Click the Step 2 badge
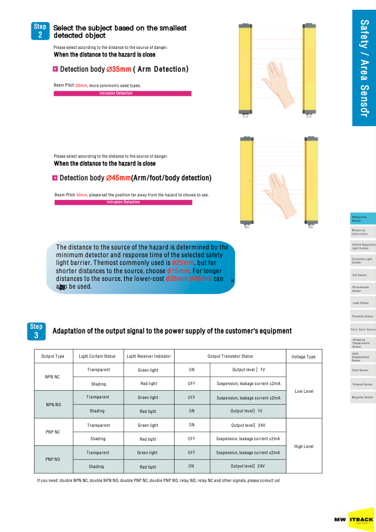click(x=40, y=31)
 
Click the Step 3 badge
click(x=36, y=331)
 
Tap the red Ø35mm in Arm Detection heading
click(x=118, y=69)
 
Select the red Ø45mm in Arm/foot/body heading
click(x=118, y=178)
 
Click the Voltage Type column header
click(x=303, y=356)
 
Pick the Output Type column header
click(x=53, y=356)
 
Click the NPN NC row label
click(x=53, y=377)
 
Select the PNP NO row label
click(x=53, y=459)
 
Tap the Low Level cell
click(x=304, y=391)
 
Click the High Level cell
click(x=304, y=446)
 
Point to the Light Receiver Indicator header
click(x=149, y=356)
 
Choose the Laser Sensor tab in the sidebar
click(x=361, y=303)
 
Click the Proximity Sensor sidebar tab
click(x=363, y=316)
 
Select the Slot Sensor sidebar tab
click(x=360, y=275)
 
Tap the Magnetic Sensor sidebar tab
click(x=363, y=397)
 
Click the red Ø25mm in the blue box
click(x=182, y=263)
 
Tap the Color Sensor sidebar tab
click(x=361, y=370)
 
